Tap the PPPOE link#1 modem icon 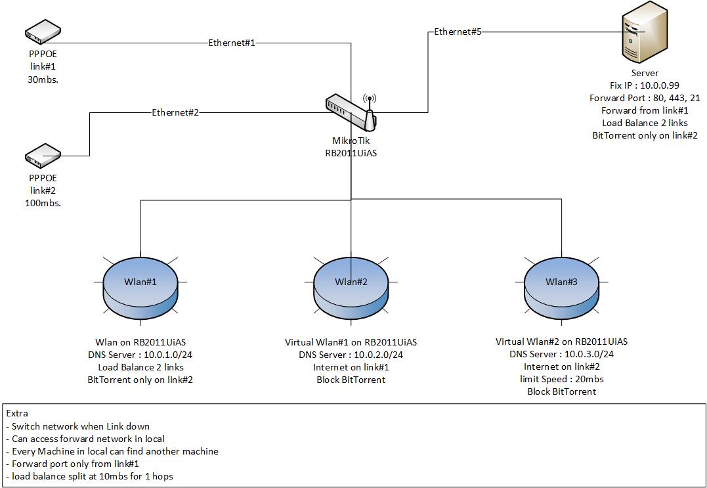[43, 31]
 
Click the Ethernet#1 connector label [231, 43]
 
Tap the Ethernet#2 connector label [175, 112]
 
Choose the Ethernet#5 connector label [458, 32]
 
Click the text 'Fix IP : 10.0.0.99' [644, 85]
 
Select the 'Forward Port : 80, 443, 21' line [644, 98]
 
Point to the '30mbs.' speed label [43, 79]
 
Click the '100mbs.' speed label [43, 203]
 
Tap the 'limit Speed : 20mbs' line [561, 379]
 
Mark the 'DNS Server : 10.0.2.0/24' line [351, 355]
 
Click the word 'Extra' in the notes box [18, 414]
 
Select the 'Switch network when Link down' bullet [81, 426]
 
